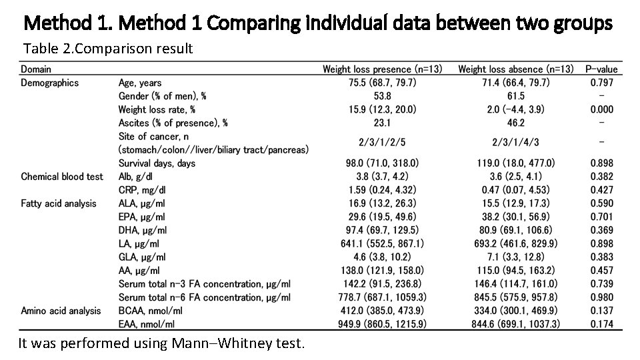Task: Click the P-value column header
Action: click(601, 69)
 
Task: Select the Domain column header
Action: click(36, 69)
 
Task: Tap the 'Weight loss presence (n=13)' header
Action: click(382, 69)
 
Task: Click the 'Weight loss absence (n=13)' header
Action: click(516, 69)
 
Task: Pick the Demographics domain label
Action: click(49, 83)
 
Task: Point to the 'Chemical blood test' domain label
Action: click(62, 177)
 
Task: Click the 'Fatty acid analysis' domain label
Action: click(59, 203)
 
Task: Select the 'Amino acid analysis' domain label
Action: click(61, 311)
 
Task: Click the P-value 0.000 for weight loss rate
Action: click(601, 109)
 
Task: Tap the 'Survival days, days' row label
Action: click(157, 163)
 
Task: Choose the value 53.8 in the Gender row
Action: click(382, 96)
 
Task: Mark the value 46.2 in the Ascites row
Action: click(516, 123)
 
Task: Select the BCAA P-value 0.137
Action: click(601, 311)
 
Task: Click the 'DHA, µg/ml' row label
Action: click(142, 230)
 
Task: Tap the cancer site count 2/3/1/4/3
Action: click(516, 141)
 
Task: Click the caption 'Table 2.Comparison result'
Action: click(108, 49)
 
